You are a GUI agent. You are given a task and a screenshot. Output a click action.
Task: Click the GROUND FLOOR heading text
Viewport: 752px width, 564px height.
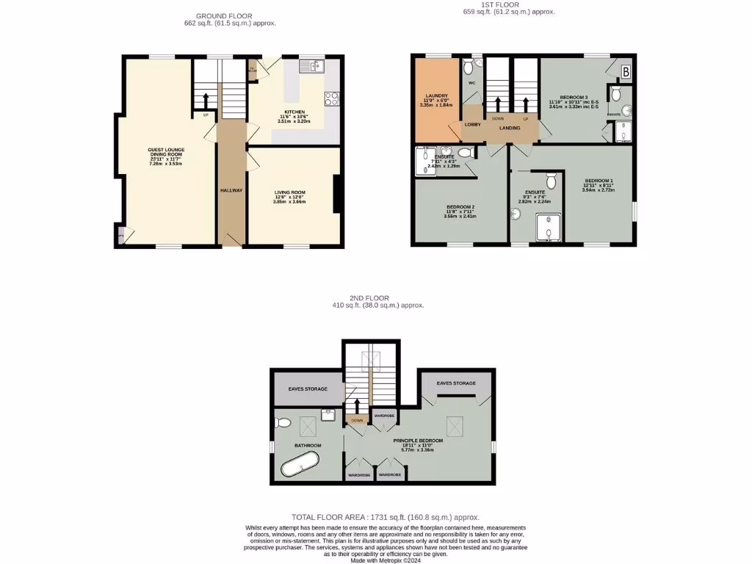pyautogui.click(x=224, y=16)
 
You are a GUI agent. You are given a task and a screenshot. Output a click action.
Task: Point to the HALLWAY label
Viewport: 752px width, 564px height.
pyautogui.click(x=231, y=190)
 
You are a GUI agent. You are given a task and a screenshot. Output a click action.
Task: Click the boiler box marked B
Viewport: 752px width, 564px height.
pyautogui.click(x=626, y=71)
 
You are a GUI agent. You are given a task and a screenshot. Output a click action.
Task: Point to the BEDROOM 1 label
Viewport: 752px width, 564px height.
pyautogui.click(x=599, y=181)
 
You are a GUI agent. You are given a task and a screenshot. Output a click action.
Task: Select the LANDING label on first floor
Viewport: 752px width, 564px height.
pyautogui.click(x=510, y=129)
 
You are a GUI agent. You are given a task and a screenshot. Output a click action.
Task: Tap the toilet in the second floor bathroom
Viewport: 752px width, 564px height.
pyautogui.click(x=284, y=422)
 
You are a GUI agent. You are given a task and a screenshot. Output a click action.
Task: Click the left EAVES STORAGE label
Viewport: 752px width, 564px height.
pyautogui.click(x=307, y=388)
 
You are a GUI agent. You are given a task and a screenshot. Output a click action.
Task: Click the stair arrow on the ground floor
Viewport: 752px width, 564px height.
pyautogui.click(x=206, y=100)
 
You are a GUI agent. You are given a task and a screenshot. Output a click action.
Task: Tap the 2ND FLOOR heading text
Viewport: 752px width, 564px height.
pyautogui.click(x=375, y=297)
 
